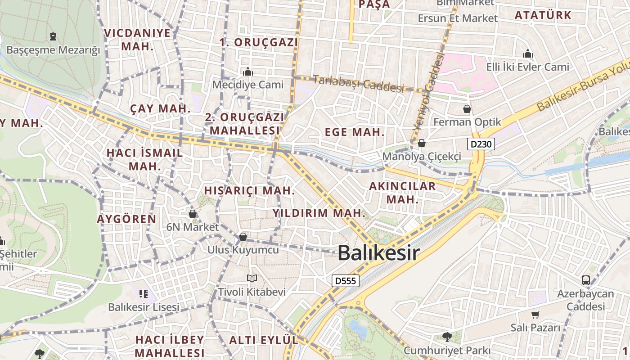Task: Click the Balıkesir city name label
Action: (378, 253)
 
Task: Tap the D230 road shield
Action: (481, 144)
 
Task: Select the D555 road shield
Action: (346, 281)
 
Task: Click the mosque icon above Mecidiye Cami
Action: (248, 72)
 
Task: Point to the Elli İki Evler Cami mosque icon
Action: (528, 54)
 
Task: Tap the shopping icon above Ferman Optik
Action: (468, 109)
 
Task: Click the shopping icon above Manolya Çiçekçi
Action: (422, 144)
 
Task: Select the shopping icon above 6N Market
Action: (193, 214)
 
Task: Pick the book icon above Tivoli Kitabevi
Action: (252, 279)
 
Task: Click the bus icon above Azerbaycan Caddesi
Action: (586, 280)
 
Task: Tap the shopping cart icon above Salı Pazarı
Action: (535, 315)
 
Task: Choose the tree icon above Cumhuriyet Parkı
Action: (447, 337)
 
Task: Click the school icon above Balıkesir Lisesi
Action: (144, 294)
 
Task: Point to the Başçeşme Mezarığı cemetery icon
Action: (53, 36)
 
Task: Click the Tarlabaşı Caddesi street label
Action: (358, 83)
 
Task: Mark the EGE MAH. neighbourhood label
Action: (355, 132)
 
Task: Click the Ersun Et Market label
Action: (458, 18)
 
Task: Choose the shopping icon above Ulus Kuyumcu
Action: (243, 236)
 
